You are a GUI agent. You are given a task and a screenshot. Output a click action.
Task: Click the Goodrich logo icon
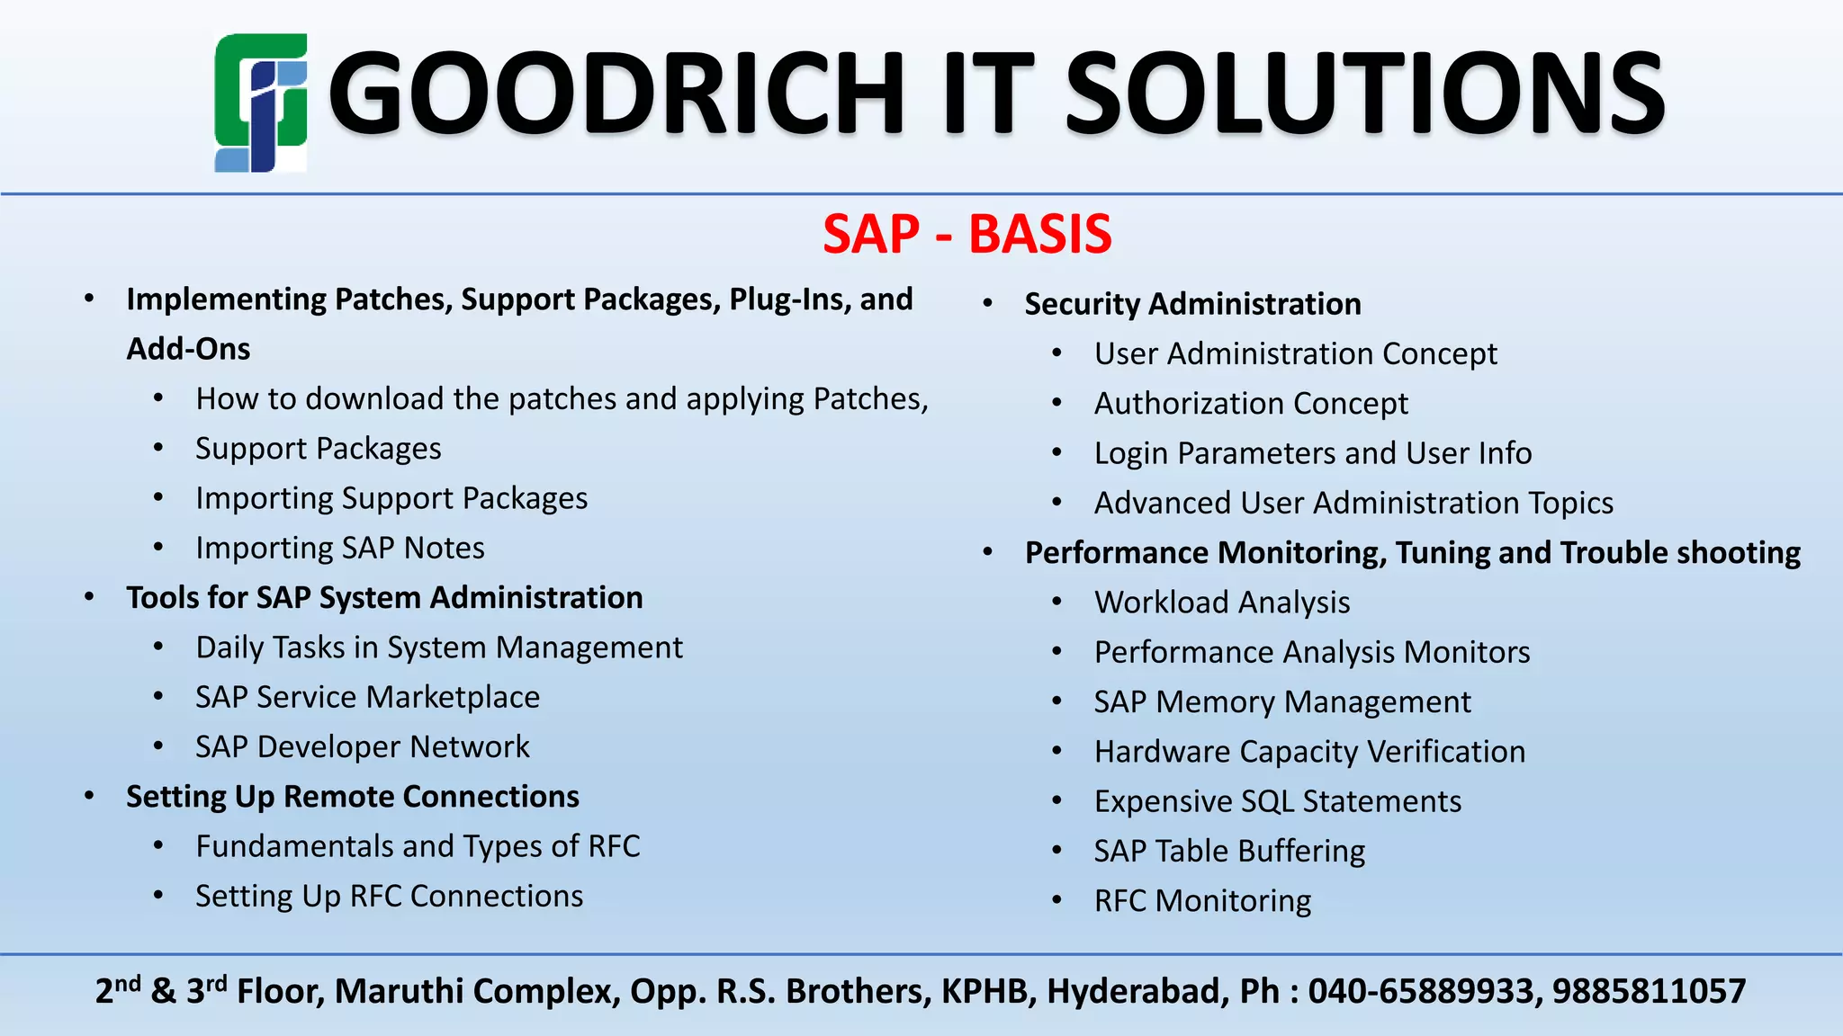[x=261, y=103]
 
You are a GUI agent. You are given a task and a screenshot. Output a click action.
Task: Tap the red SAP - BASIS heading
[x=967, y=234]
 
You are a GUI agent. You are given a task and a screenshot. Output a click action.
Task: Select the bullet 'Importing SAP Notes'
[x=340, y=548]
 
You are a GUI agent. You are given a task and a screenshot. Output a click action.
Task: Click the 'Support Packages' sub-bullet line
[x=319, y=448]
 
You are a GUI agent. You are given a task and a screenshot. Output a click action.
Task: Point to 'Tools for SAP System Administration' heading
[x=384, y=597]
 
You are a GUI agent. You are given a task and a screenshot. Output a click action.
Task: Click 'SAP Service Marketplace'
[x=367, y=697]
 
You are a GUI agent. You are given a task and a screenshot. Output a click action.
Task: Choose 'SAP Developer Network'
[x=363, y=746]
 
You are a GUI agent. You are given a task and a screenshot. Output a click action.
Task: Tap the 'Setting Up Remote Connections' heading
[x=352, y=797]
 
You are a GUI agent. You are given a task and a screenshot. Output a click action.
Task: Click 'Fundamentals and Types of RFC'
[x=418, y=846]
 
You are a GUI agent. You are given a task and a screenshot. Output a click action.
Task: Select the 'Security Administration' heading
[x=1192, y=304]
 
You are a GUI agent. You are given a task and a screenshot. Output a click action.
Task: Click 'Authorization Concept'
[x=1251, y=403]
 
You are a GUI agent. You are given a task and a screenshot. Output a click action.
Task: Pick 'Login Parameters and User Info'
[x=1312, y=453]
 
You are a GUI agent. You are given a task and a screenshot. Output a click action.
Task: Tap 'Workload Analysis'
[x=1221, y=602]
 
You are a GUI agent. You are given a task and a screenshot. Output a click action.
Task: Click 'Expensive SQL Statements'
[x=1277, y=801]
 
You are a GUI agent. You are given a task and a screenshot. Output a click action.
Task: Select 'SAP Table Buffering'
[x=1229, y=851]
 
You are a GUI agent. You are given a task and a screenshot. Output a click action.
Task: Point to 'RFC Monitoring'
[x=1202, y=900]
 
